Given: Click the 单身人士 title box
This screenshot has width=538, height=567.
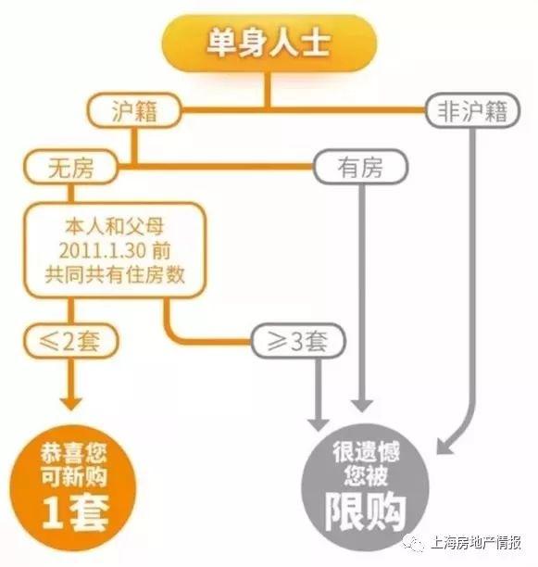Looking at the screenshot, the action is tap(269, 43).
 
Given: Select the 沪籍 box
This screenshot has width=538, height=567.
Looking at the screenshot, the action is tap(134, 110).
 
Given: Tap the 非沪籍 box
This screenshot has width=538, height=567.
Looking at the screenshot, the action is tap(473, 110).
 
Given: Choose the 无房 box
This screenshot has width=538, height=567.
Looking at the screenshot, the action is tap(70, 167).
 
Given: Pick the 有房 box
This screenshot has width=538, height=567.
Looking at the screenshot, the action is tap(360, 168).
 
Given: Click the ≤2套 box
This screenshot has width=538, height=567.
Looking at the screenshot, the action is tap(71, 341).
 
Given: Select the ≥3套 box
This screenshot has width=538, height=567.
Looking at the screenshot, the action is tap(298, 341).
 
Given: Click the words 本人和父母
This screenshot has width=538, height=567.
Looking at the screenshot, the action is tap(115, 226).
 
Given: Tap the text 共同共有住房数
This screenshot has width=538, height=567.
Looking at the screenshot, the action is tap(115, 275).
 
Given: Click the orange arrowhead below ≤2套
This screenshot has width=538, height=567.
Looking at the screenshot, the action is tap(70, 403).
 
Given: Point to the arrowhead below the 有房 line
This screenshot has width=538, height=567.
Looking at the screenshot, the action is tap(362, 406).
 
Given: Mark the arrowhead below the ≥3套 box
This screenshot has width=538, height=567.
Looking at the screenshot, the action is tap(318, 424).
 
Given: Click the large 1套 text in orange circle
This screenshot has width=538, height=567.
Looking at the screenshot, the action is tap(76, 512).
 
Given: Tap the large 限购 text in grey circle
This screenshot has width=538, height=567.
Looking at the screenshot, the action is tap(365, 512).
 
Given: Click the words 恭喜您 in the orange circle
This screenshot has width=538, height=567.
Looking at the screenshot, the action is tap(74, 452).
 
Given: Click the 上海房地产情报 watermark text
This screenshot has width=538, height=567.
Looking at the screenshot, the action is tap(476, 543).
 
